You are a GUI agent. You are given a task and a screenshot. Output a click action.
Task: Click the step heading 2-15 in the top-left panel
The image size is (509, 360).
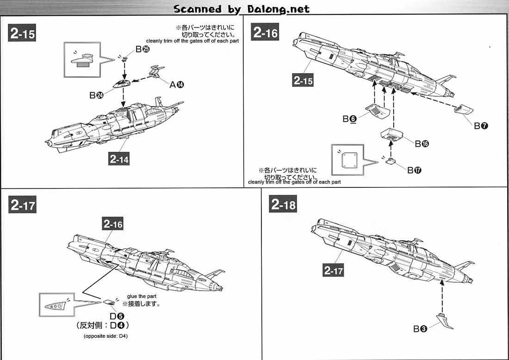coord(22,33)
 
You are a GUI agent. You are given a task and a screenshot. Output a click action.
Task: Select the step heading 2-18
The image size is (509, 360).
coord(283,204)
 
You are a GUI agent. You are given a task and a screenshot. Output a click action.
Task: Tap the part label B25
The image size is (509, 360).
coord(143,50)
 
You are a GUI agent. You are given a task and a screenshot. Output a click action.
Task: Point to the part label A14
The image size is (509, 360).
coord(177,85)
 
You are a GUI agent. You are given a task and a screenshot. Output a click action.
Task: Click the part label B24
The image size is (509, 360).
coord(96,95)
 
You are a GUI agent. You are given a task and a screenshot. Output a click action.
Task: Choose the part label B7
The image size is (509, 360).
coord(481,125)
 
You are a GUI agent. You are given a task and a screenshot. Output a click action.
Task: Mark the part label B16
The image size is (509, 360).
coord(422,143)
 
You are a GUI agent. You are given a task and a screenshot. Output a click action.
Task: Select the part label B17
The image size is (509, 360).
coord(414,170)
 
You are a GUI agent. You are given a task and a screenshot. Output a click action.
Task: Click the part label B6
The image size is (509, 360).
coord(350,119)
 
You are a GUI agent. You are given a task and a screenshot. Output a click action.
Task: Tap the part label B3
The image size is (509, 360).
coord(420,329)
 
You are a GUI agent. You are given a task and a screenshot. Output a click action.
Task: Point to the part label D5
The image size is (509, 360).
coord(117,316)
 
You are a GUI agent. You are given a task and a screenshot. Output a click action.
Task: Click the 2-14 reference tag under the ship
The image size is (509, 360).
coord(119,159)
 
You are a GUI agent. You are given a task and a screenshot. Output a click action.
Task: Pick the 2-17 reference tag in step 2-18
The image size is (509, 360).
coord(333,270)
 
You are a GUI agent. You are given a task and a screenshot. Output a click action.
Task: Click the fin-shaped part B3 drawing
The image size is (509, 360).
coord(445,321)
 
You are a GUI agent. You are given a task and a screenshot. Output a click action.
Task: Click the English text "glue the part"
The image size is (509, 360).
coord(142,296)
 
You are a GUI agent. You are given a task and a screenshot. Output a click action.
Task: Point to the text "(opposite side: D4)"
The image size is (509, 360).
coord(106,336)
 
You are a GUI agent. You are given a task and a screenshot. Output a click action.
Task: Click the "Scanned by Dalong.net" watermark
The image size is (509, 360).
coord(242,9)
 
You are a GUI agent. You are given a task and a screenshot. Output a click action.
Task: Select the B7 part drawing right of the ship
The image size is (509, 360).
coord(464,110)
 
